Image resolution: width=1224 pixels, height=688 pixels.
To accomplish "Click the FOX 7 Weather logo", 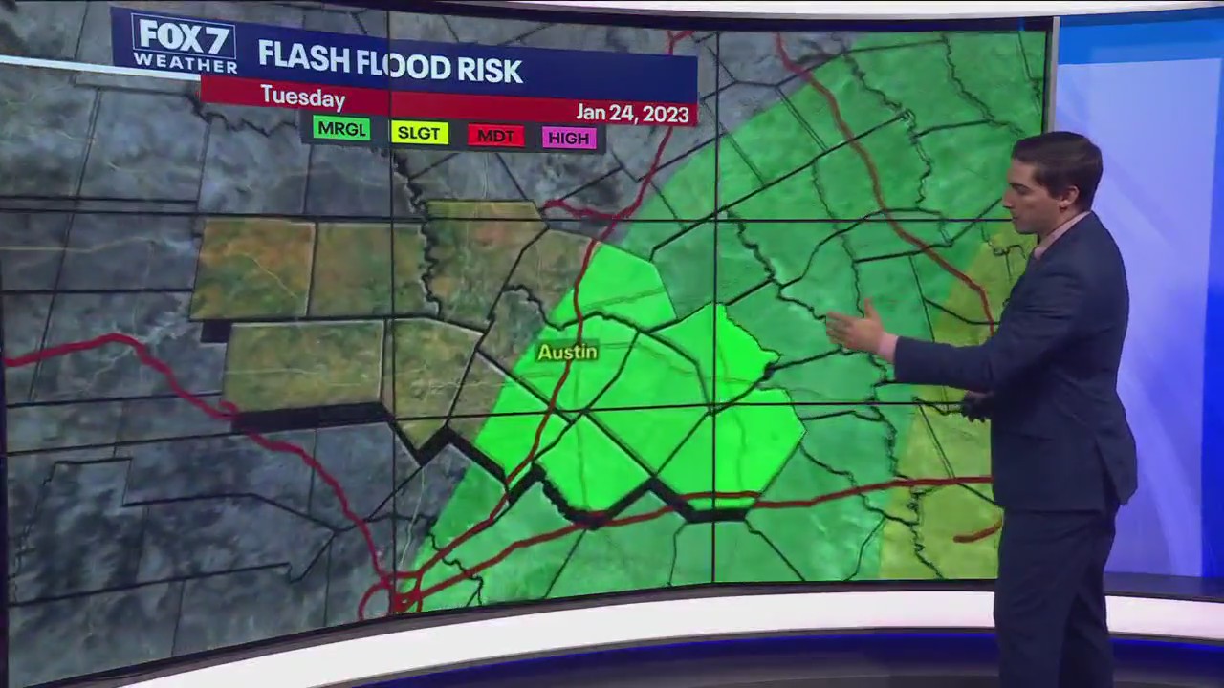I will (x=185, y=44).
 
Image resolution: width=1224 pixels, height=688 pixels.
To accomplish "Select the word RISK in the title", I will (x=489, y=70).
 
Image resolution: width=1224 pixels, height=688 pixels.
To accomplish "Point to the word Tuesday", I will (x=302, y=97).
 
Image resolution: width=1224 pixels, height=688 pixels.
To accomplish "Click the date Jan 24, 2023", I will (x=632, y=113).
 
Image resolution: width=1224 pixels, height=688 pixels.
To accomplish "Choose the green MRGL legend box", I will (x=340, y=129).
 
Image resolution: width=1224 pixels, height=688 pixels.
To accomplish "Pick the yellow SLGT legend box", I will (x=419, y=133).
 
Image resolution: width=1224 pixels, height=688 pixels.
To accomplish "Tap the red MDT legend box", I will (x=495, y=136).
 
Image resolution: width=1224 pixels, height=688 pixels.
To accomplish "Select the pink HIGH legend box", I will (x=569, y=138).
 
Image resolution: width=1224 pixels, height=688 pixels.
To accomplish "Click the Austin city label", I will (x=567, y=352).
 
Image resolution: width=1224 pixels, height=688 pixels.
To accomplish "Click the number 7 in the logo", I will (x=214, y=35).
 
